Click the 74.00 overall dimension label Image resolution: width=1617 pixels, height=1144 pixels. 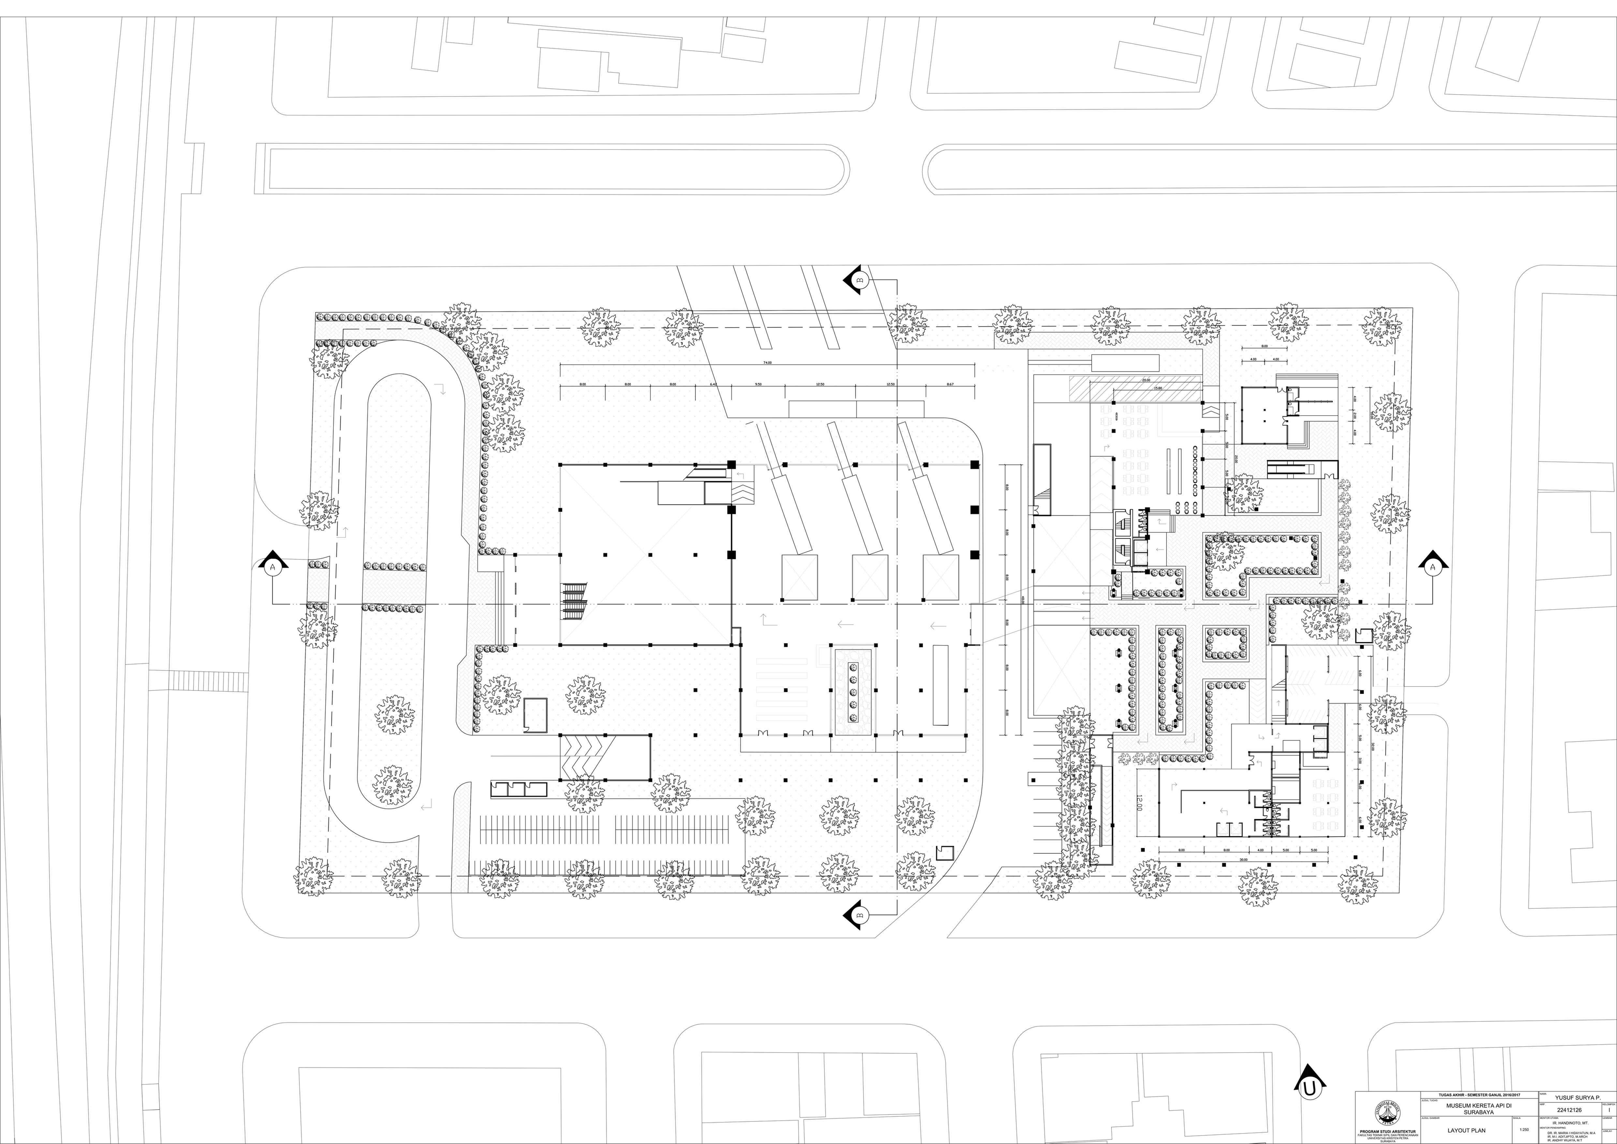click(x=767, y=363)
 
